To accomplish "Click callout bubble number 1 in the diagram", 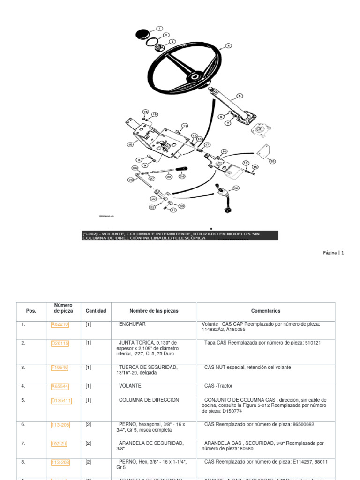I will (x=159, y=29).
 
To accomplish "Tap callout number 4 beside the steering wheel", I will (x=228, y=46).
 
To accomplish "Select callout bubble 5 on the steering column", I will (x=240, y=96).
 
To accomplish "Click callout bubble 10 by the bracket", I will (x=130, y=145).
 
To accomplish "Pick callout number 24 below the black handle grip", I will (x=182, y=176).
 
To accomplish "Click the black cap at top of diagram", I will (x=142, y=34).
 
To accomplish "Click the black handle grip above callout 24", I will (x=181, y=168).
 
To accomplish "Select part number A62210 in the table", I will (x=60, y=324).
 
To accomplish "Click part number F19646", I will (x=60, y=367).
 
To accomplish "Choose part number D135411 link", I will (x=61, y=400).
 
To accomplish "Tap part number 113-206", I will (x=60, y=425).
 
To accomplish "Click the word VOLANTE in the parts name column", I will (x=130, y=386).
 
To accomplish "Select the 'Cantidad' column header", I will (x=96, y=311).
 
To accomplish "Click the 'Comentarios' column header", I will (x=266, y=311).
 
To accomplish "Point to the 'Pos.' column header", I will (x=31, y=311).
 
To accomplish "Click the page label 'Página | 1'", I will (x=333, y=253).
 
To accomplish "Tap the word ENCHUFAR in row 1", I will (x=132, y=324).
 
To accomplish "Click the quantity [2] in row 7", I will (x=88, y=443).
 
